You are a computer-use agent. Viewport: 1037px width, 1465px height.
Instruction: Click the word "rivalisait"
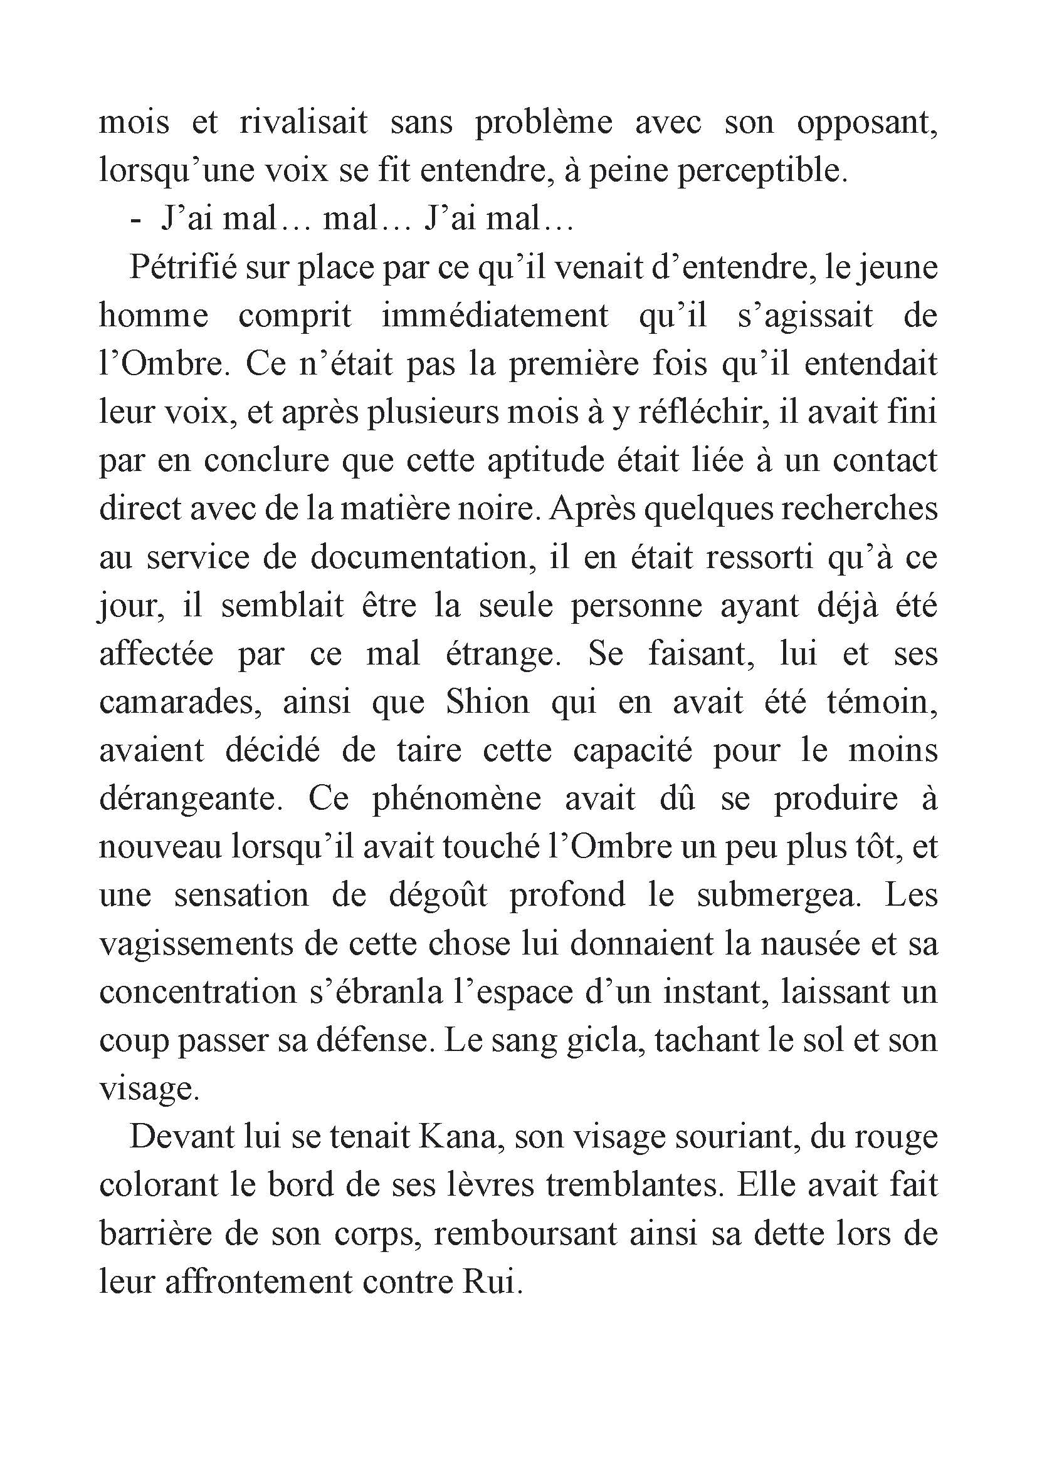303,123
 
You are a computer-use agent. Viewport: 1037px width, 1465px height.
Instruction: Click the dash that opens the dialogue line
135,220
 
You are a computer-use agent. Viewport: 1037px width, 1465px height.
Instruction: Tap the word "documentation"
422,557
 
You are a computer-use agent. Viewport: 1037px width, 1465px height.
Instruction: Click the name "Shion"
488,703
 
